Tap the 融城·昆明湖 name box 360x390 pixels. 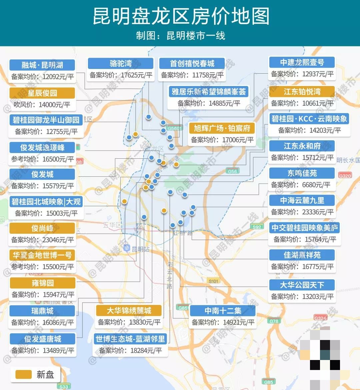click(x=42, y=65)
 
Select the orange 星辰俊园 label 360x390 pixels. click(x=42, y=93)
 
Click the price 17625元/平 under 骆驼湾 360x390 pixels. click(x=136, y=75)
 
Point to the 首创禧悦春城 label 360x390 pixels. click(x=192, y=63)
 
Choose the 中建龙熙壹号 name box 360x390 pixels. click(x=302, y=62)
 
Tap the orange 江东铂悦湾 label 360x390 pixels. click(x=302, y=91)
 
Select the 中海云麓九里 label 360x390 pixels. click(x=302, y=200)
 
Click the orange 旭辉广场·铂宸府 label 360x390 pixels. click(x=222, y=128)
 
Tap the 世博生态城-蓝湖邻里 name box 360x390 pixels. click(x=130, y=339)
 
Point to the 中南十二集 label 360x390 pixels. click(x=223, y=311)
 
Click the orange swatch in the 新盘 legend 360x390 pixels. click(x=23, y=374)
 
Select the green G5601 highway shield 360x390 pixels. click(x=174, y=128)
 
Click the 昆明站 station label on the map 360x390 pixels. click(x=140, y=249)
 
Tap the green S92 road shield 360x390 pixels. click(x=256, y=227)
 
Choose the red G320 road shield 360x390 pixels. click(x=344, y=175)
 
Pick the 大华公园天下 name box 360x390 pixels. click(x=302, y=285)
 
